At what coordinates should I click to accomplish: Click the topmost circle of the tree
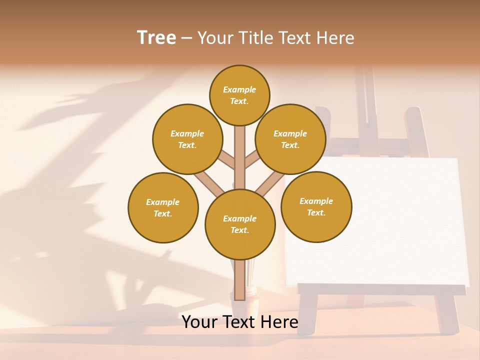pyautogui.click(x=239, y=95)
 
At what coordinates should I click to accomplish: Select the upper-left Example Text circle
pyautogui.click(x=187, y=139)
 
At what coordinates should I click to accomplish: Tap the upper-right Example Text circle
pyautogui.click(x=290, y=139)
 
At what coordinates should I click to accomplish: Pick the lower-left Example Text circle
pyautogui.click(x=163, y=207)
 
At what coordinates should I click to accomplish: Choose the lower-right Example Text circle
pyautogui.click(x=316, y=206)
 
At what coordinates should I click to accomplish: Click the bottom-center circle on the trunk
pyautogui.click(x=240, y=224)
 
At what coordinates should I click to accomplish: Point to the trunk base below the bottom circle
pyautogui.click(x=239, y=280)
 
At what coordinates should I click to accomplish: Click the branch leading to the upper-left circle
pyautogui.click(x=227, y=161)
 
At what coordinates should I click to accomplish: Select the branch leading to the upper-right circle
pyautogui.click(x=251, y=161)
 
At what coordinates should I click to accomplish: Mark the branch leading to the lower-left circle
pyautogui.click(x=209, y=183)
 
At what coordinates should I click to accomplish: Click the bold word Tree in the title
pyautogui.click(x=156, y=37)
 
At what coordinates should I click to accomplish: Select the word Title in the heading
pyautogui.click(x=255, y=38)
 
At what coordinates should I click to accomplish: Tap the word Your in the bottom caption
pyautogui.click(x=199, y=322)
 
